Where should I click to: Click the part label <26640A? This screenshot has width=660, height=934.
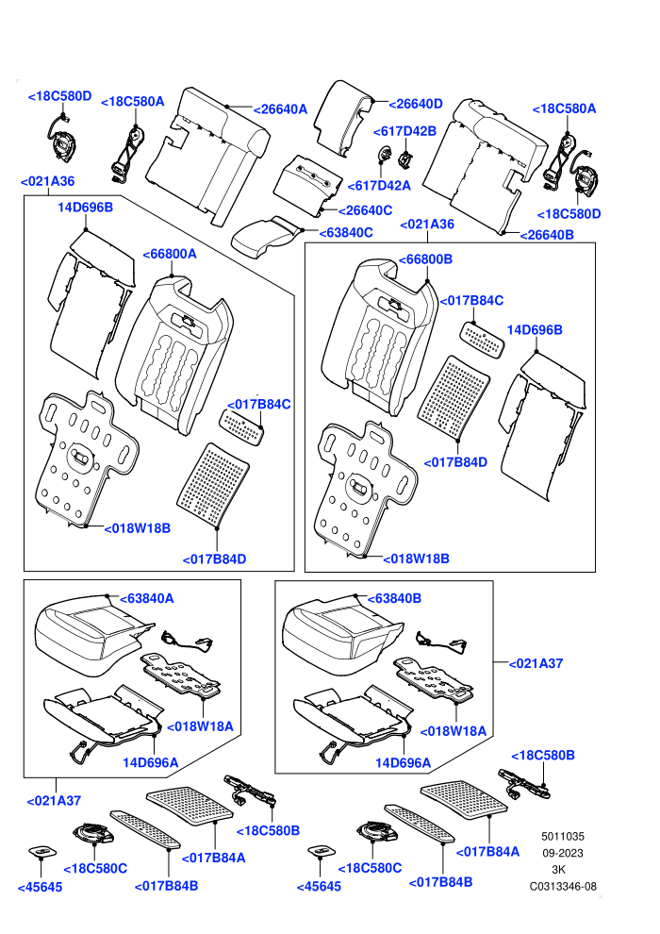pyautogui.click(x=280, y=109)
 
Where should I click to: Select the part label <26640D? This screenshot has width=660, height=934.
pyautogui.click(x=416, y=104)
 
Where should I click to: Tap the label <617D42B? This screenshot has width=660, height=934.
pyautogui.click(x=404, y=131)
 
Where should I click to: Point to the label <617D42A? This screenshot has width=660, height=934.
pyautogui.click(x=379, y=185)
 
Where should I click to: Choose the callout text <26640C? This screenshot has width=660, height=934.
pyautogui.click(x=366, y=210)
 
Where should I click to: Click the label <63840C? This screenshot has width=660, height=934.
pyautogui.click(x=346, y=232)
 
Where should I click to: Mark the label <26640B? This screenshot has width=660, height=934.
pyautogui.click(x=547, y=235)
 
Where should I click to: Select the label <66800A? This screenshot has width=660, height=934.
pyautogui.click(x=170, y=254)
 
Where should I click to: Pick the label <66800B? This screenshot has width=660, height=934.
pyautogui.click(x=425, y=259)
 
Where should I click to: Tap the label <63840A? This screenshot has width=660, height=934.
pyautogui.click(x=147, y=598)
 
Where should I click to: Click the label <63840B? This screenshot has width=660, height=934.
pyautogui.click(x=394, y=598)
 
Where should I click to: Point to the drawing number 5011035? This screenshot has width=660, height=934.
pyautogui.click(x=563, y=836)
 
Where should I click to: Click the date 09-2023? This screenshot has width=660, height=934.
pyautogui.click(x=563, y=853)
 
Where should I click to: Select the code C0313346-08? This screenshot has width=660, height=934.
pyautogui.click(x=563, y=886)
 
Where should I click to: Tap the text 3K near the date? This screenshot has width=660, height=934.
pyautogui.click(x=559, y=870)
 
